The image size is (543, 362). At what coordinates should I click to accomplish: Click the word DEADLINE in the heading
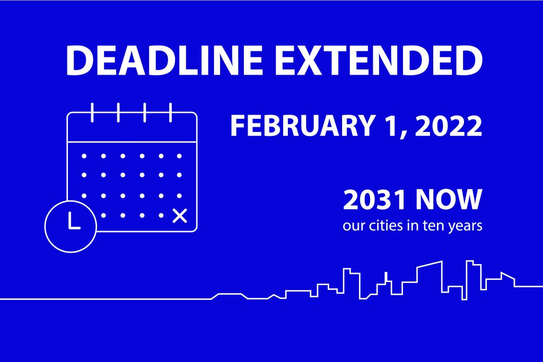pos(164,60)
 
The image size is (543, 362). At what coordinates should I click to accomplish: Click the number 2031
pos(374,200)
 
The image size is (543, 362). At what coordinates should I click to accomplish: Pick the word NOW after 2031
pos(449,200)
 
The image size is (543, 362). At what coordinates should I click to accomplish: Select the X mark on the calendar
pos(180,216)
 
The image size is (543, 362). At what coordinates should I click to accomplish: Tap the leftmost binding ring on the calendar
pos(92,112)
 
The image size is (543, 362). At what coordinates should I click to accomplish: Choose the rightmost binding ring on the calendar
pos(170,112)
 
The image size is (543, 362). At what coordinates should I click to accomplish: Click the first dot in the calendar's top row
pos(84,156)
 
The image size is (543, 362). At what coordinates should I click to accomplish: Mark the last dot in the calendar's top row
pos(179,156)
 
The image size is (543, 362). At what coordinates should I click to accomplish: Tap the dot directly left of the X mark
pos(161,215)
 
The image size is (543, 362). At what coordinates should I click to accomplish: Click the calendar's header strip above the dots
pos(132,127)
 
